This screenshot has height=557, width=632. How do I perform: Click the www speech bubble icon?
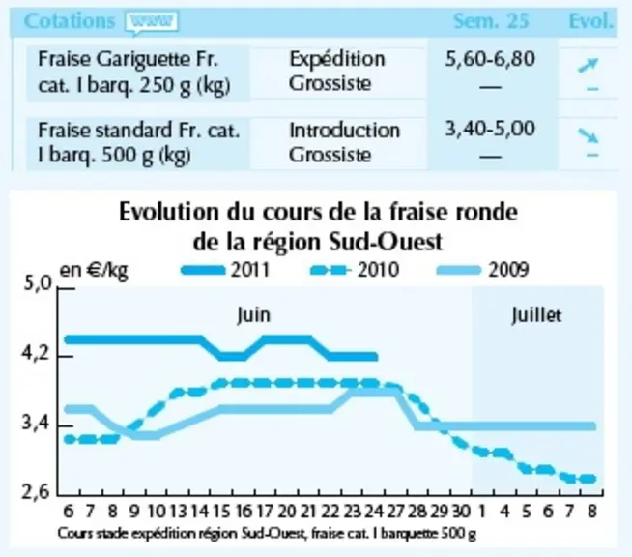(x=152, y=22)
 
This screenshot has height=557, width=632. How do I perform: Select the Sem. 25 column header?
(x=491, y=21)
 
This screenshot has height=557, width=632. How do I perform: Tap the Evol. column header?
(x=591, y=21)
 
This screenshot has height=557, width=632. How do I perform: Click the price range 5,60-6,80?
(x=490, y=59)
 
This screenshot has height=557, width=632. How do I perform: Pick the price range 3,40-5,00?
(x=490, y=129)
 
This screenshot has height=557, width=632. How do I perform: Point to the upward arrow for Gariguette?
(x=589, y=66)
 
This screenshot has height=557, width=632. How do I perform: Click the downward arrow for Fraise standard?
(x=589, y=135)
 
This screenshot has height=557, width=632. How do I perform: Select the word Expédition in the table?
(x=337, y=60)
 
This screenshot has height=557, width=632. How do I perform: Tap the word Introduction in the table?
(x=345, y=131)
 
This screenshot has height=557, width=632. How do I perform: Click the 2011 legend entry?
(x=225, y=270)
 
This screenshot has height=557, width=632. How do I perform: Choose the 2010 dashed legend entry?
(x=355, y=270)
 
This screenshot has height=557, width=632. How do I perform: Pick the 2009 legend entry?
(x=483, y=270)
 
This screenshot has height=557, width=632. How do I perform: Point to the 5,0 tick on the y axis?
(x=38, y=283)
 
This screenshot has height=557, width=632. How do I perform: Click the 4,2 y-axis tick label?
(x=36, y=354)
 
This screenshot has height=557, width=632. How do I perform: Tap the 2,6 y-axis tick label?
(x=36, y=492)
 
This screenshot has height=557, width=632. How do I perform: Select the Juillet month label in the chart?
(x=536, y=315)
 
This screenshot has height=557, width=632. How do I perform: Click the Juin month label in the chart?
(x=253, y=315)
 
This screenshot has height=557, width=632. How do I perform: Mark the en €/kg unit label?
(x=94, y=271)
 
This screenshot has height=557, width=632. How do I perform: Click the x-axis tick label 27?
(x=395, y=512)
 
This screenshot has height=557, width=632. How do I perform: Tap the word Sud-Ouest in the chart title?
(x=386, y=242)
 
